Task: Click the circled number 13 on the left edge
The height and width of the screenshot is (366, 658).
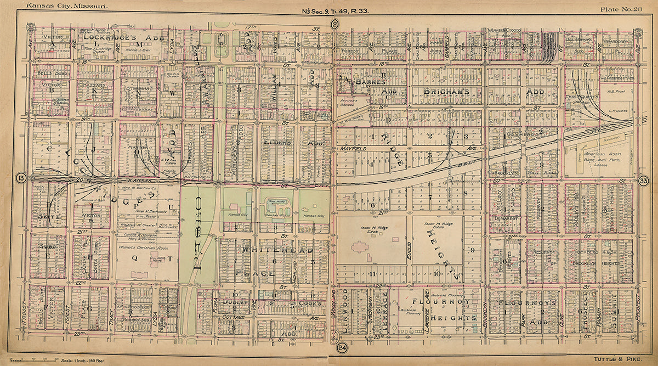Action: coord(21,178)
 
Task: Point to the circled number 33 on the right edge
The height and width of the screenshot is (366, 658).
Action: coord(644,181)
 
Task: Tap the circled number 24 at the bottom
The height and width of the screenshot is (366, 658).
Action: coord(342,347)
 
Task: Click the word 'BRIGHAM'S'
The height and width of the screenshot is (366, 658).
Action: coord(446,92)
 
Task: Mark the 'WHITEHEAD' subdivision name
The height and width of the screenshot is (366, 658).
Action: coord(274,250)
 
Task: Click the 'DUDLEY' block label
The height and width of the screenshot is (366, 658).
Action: coord(234,302)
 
